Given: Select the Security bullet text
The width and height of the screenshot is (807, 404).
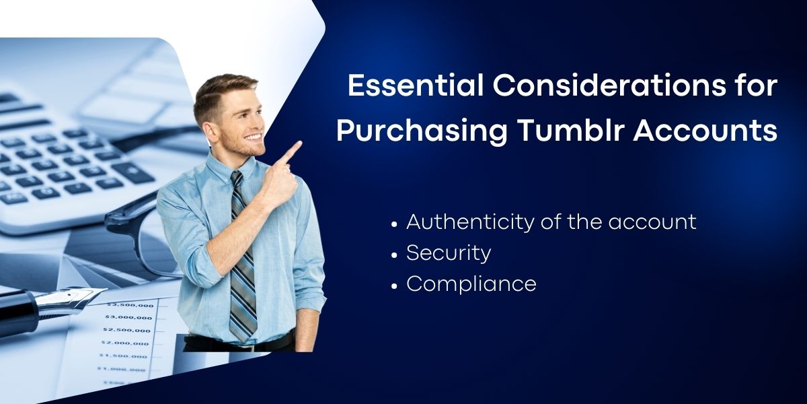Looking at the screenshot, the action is pyautogui.click(x=449, y=254).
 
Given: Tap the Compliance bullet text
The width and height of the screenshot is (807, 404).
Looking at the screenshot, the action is pyautogui.click(x=471, y=285).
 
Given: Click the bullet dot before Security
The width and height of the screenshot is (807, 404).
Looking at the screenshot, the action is pyautogui.click(x=394, y=255).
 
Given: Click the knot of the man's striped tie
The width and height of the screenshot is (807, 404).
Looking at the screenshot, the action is pyautogui.click(x=236, y=177).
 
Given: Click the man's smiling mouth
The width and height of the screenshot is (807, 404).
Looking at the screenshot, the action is pyautogui.click(x=254, y=137).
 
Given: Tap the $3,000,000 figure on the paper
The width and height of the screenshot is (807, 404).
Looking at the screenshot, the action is pyautogui.click(x=128, y=317).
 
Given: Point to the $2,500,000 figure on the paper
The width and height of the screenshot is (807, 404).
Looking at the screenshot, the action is pyautogui.click(x=126, y=330).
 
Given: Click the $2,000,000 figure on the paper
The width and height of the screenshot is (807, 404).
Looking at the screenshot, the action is pyautogui.click(x=124, y=343).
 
